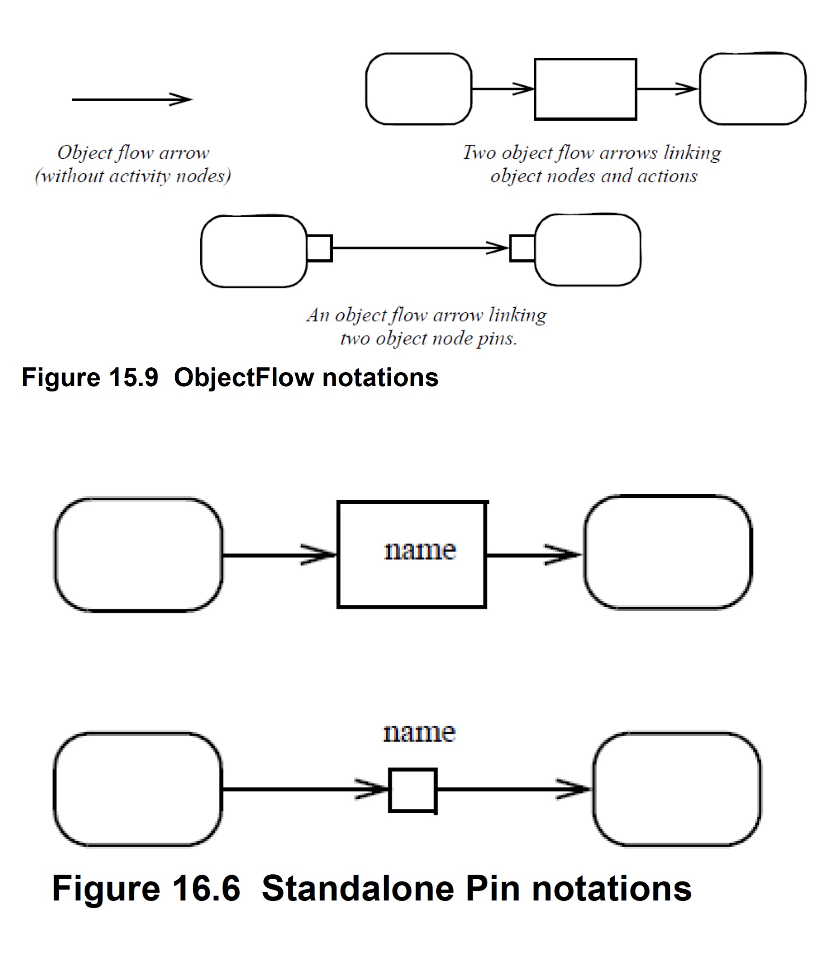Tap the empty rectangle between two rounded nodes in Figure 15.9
click(x=585, y=89)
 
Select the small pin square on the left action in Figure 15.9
click(x=319, y=248)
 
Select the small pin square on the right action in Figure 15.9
click(x=522, y=248)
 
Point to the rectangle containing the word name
click(x=412, y=555)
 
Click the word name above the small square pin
click(x=418, y=733)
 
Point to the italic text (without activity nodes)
click(x=133, y=176)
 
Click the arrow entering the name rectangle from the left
click(x=279, y=555)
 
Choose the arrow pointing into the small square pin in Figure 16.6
click(x=306, y=790)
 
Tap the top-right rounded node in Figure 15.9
click(x=752, y=89)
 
